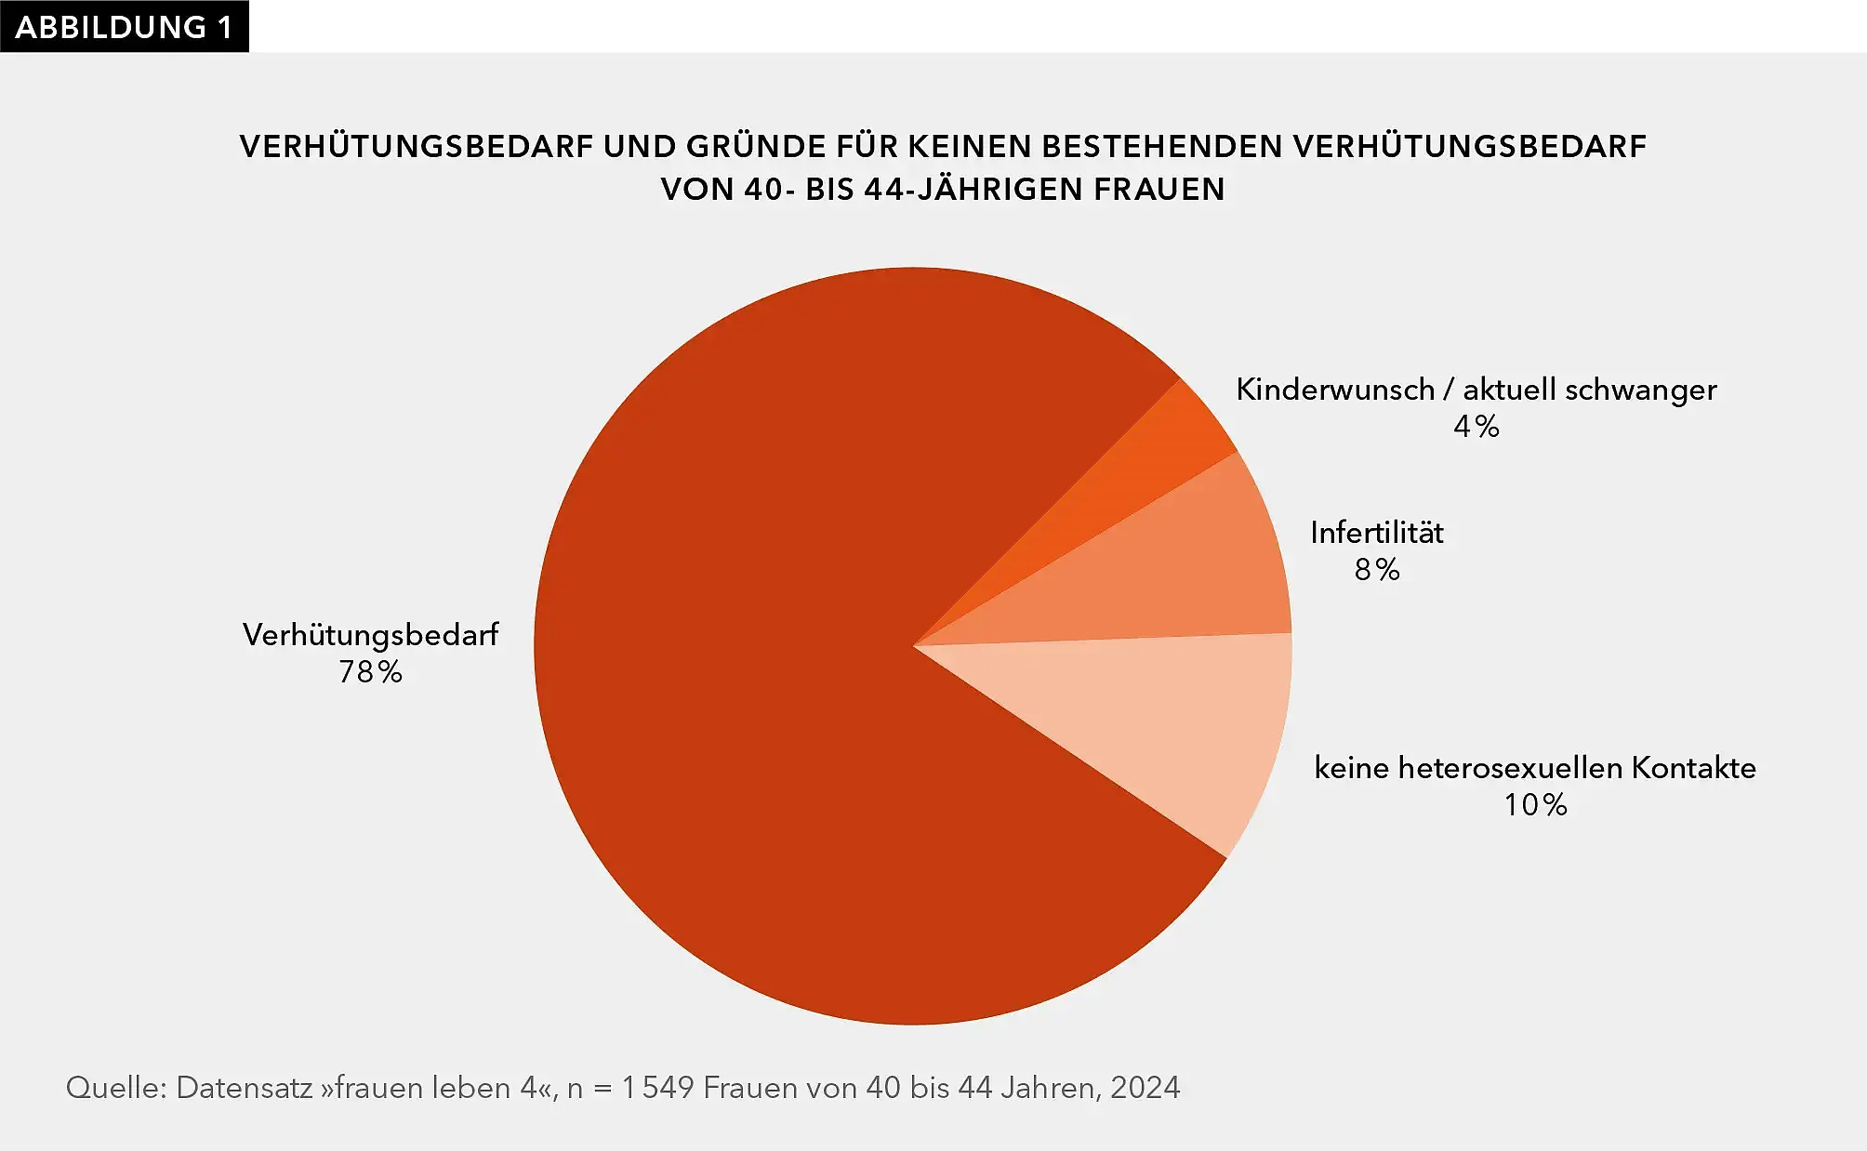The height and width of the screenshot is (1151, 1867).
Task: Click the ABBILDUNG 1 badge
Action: coord(124,26)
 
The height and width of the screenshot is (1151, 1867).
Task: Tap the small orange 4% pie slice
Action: coord(1144,465)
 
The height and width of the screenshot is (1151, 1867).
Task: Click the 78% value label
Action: coord(370,672)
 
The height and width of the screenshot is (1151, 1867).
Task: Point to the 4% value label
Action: coord(1476,427)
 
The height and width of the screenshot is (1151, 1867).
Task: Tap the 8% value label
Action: coord(1377,570)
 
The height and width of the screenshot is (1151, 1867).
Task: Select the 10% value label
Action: coord(1536,805)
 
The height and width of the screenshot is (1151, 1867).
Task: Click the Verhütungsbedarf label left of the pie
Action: coord(370,635)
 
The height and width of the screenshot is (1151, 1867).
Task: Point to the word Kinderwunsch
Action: coord(1335,390)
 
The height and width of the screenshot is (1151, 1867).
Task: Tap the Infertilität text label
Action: coord(1377,533)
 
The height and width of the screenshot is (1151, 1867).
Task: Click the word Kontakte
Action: coord(1694,768)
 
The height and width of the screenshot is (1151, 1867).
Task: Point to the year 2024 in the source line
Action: coord(1145,1088)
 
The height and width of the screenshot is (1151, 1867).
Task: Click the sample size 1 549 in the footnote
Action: coord(658,1088)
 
